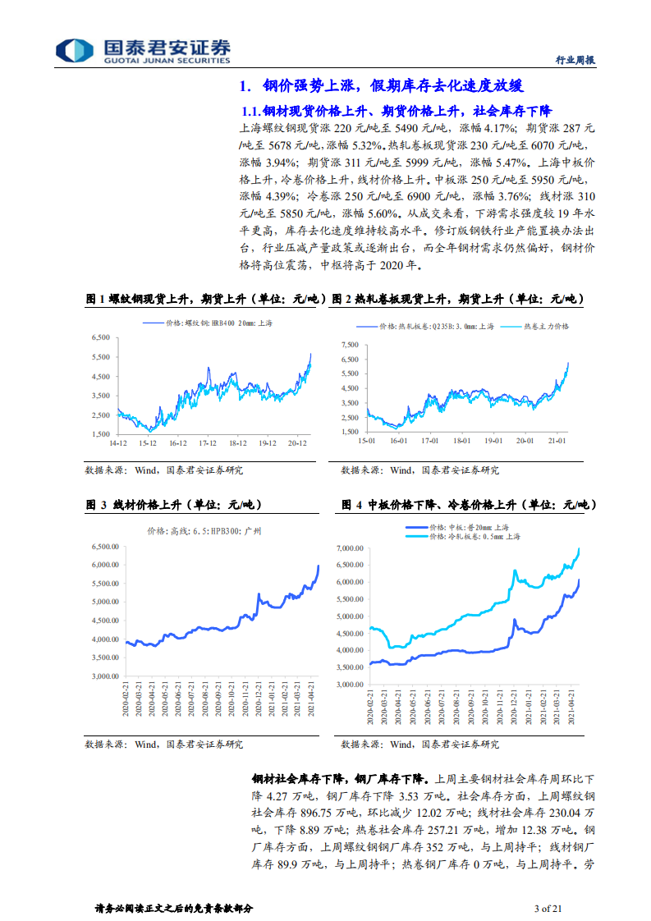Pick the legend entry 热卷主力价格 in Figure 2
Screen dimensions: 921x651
coord(545,326)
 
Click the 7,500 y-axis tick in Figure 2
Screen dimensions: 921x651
coord(350,345)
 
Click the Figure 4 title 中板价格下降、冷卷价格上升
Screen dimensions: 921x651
coord(467,505)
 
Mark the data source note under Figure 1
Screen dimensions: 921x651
coord(164,470)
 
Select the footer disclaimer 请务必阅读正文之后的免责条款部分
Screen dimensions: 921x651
coord(174,908)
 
